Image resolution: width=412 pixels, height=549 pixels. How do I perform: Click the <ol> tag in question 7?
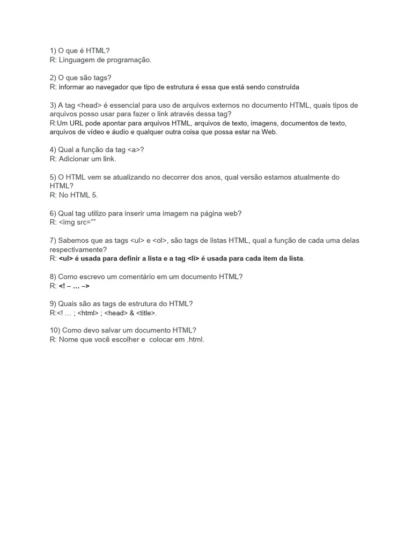159,241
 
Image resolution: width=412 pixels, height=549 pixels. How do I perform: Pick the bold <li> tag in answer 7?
194,259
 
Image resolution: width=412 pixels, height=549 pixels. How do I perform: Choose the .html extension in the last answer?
195,340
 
